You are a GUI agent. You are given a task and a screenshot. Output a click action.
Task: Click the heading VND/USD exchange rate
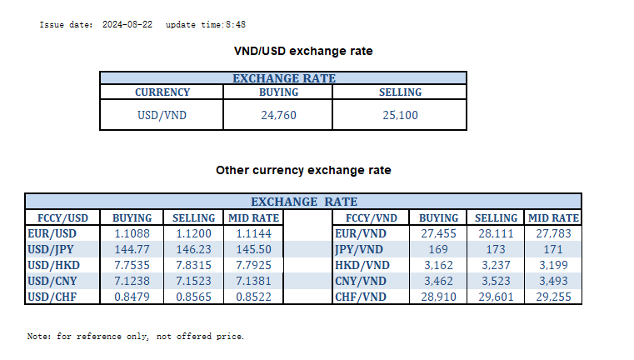[x=303, y=52]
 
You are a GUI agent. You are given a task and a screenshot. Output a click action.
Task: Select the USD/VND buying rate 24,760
[x=278, y=115]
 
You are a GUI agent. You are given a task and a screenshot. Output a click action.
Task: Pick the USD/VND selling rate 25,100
[x=400, y=115]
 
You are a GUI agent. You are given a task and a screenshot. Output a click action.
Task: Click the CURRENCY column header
[x=162, y=92]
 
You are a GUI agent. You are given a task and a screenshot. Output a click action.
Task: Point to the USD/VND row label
[x=162, y=115]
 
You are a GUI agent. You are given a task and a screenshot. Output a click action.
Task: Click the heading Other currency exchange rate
[x=303, y=170]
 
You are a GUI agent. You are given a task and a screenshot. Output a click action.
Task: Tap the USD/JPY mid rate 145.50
[x=253, y=249]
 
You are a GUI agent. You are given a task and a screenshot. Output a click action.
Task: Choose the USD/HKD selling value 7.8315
[x=193, y=265]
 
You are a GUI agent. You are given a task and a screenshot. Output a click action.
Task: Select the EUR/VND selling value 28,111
[x=497, y=234]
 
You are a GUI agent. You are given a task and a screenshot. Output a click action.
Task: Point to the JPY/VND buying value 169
[x=438, y=249]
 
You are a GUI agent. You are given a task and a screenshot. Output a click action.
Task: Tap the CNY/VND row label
[x=359, y=281]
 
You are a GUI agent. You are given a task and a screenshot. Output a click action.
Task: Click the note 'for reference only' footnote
[x=136, y=337]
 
